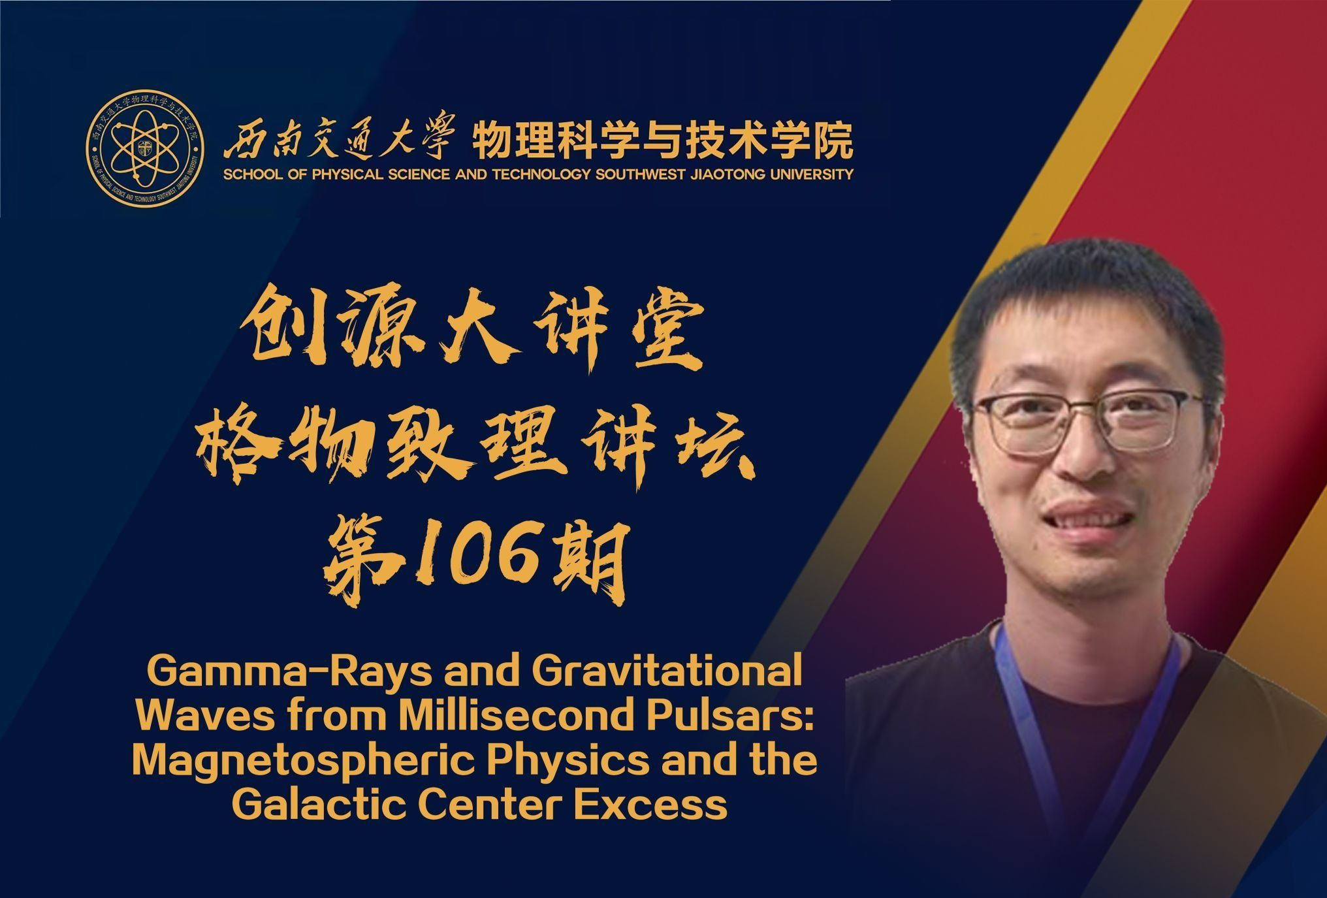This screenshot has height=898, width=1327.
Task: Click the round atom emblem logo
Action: [x=144, y=147]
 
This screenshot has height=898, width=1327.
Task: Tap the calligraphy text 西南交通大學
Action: [x=338, y=139]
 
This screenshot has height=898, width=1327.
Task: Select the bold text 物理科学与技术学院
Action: [x=663, y=140]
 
